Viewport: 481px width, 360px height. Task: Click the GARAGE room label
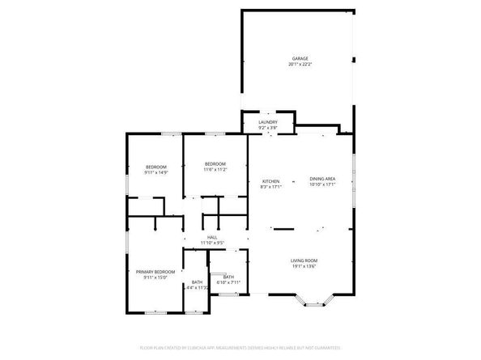[300, 58]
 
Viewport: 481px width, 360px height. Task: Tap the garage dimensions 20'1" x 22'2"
[300, 65]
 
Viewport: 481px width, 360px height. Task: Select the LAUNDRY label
[268, 122]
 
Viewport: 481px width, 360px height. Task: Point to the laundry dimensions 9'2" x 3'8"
[268, 128]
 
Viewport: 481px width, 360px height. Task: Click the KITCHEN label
[270, 180]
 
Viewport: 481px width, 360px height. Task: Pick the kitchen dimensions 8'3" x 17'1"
[270, 187]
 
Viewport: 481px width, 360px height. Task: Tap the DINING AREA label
[322, 178]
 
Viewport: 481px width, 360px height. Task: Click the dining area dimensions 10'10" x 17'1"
[322, 184]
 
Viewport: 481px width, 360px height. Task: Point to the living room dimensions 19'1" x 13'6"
[304, 265]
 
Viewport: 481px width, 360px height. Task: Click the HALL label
[211, 236]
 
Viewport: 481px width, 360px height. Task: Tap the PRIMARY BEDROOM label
[155, 271]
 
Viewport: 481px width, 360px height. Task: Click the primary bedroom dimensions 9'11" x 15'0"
[155, 277]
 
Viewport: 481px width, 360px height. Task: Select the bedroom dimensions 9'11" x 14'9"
[155, 172]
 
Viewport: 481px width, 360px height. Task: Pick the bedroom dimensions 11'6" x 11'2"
[215, 170]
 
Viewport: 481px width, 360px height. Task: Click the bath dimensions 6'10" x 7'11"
[229, 282]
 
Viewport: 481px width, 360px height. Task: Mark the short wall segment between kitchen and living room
[283, 229]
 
